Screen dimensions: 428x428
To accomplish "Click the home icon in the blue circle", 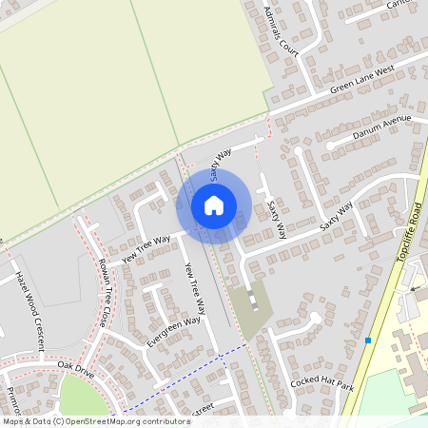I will pyautogui.click(x=214, y=204).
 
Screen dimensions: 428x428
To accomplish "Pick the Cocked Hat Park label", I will pyautogui.click(x=321, y=383).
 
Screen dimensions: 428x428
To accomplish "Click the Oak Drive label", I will pyautogui.click(x=76, y=366).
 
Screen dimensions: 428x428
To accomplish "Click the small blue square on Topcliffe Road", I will pyautogui.click(x=367, y=340).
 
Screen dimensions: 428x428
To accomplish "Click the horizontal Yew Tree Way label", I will pyautogui.click(x=146, y=246).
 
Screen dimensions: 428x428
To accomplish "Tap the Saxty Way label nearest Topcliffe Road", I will pyautogui.click(x=337, y=217).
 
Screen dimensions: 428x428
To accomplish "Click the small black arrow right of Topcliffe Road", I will pyautogui.click(x=413, y=287).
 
